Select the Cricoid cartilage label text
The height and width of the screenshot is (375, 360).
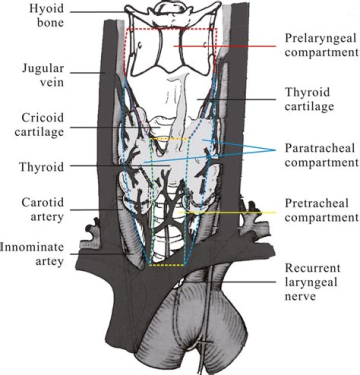(42, 124)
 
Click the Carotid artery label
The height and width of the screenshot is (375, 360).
(42, 209)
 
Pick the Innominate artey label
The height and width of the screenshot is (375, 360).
(32, 253)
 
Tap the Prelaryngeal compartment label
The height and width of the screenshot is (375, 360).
(321, 45)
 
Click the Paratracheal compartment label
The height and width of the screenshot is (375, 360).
(321, 155)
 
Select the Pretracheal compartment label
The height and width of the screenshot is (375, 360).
(321, 210)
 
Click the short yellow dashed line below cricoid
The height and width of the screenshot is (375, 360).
(170, 138)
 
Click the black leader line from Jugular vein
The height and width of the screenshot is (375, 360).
(87, 73)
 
